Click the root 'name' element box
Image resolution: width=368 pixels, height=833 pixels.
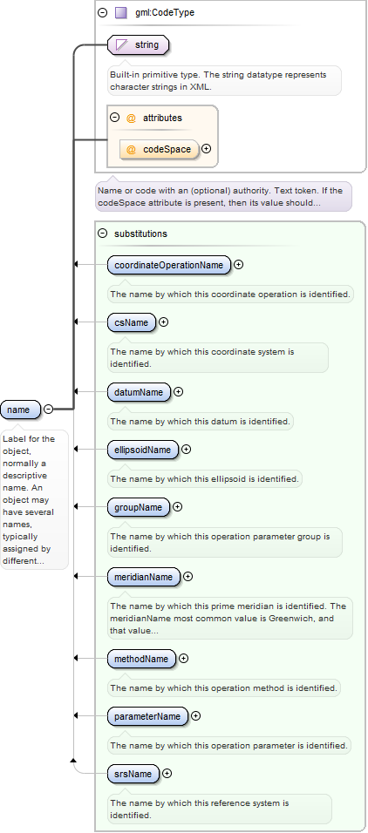coord(20,410)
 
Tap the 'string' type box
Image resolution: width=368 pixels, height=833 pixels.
coord(139,45)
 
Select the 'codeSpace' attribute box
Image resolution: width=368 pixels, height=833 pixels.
coord(160,149)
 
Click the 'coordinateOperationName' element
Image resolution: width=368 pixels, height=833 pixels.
coord(169,265)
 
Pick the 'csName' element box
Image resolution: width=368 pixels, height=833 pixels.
coord(132,322)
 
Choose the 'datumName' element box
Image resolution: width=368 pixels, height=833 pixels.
coord(139,392)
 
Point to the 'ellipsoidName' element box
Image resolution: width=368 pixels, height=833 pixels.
coord(142,450)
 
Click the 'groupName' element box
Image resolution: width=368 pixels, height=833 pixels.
coord(139,507)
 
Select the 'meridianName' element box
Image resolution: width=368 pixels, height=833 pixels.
coord(144,577)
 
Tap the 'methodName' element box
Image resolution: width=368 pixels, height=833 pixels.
coord(141,659)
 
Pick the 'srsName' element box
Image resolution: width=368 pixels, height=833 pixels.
coord(133,774)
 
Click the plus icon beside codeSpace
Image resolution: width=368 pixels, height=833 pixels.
coord(207,149)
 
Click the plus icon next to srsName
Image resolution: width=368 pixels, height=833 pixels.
coord(167,774)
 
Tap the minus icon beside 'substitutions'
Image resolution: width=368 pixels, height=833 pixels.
coord(103,234)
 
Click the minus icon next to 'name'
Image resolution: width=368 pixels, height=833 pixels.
coord(48,409)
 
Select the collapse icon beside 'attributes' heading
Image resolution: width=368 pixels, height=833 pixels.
coord(114,118)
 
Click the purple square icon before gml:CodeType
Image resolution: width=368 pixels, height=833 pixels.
coord(120,13)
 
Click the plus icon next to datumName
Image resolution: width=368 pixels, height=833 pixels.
coord(179,392)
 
